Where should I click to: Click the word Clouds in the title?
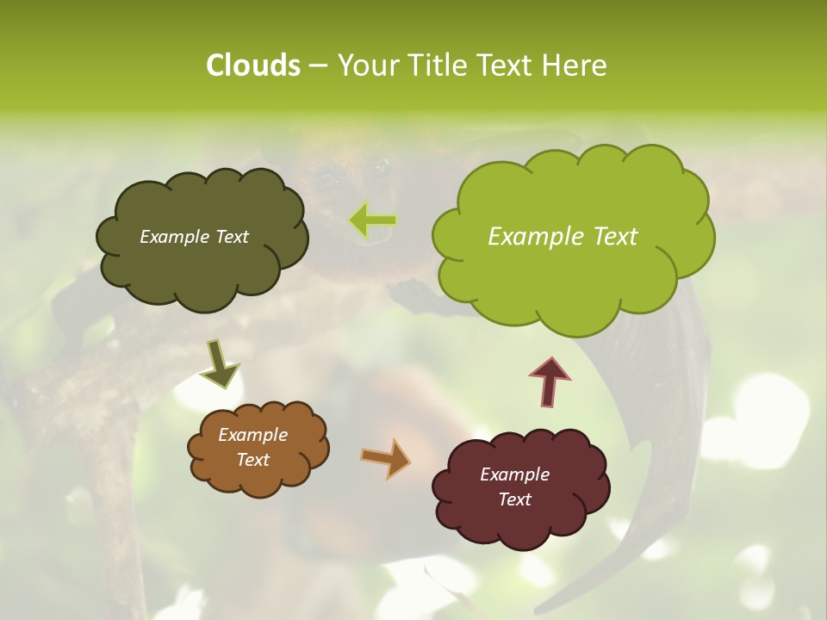[252, 65]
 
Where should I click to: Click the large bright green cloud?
[572, 276]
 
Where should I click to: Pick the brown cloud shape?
[258, 478]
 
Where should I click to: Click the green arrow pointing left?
[373, 220]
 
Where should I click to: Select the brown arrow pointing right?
[386, 458]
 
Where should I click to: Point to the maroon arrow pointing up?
[550, 380]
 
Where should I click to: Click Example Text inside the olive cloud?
[194, 237]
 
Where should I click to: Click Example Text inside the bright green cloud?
[563, 237]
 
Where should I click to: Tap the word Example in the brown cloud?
[252, 435]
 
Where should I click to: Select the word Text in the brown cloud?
[252, 460]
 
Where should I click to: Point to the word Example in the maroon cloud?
[514, 474]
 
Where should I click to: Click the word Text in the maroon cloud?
[514, 499]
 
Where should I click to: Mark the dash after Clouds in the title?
[317, 65]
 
